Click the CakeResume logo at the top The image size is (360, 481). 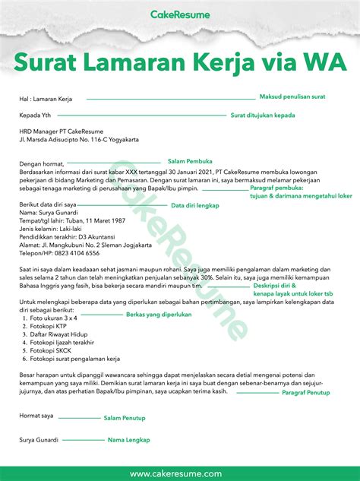pos(180,14)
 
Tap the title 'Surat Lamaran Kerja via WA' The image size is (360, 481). pos(179,60)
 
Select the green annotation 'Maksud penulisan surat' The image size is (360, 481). pos(292,97)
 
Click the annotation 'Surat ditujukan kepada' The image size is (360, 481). pos(262,116)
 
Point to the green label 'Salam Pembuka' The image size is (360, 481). pos(190,161)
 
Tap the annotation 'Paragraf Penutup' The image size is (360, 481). pos(306,393)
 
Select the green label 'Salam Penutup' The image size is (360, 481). pos(125,418)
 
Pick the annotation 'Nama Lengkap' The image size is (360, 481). pos(128,440)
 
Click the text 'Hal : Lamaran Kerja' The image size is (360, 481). pos(46,100)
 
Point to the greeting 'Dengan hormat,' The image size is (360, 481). pos(43,163)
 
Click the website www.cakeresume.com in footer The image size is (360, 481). pos(180,473)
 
